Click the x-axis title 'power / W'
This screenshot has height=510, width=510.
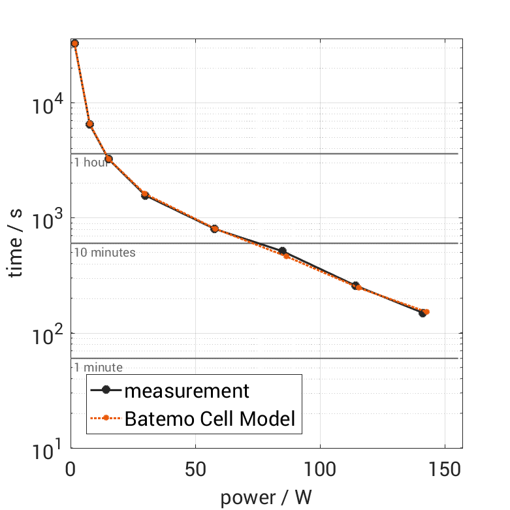click(x=266, y=498)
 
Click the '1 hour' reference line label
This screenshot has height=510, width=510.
click(x=91, y=163)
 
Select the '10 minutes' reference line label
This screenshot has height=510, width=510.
click(x=104, y=252)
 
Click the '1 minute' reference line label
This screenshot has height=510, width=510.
click(x=98, y=368)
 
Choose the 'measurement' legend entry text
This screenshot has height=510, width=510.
click(x=187, y=390)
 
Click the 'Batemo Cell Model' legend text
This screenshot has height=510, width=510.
click(x=210, y=419)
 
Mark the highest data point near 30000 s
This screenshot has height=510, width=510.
click(x=74, y=44)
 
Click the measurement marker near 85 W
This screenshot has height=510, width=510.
click(x=283, y=251)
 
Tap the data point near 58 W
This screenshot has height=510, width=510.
click(x=214, y=229)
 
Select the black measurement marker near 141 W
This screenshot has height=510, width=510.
click(x=422, y=313)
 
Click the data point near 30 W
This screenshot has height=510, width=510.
click(x=145, y=195)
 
